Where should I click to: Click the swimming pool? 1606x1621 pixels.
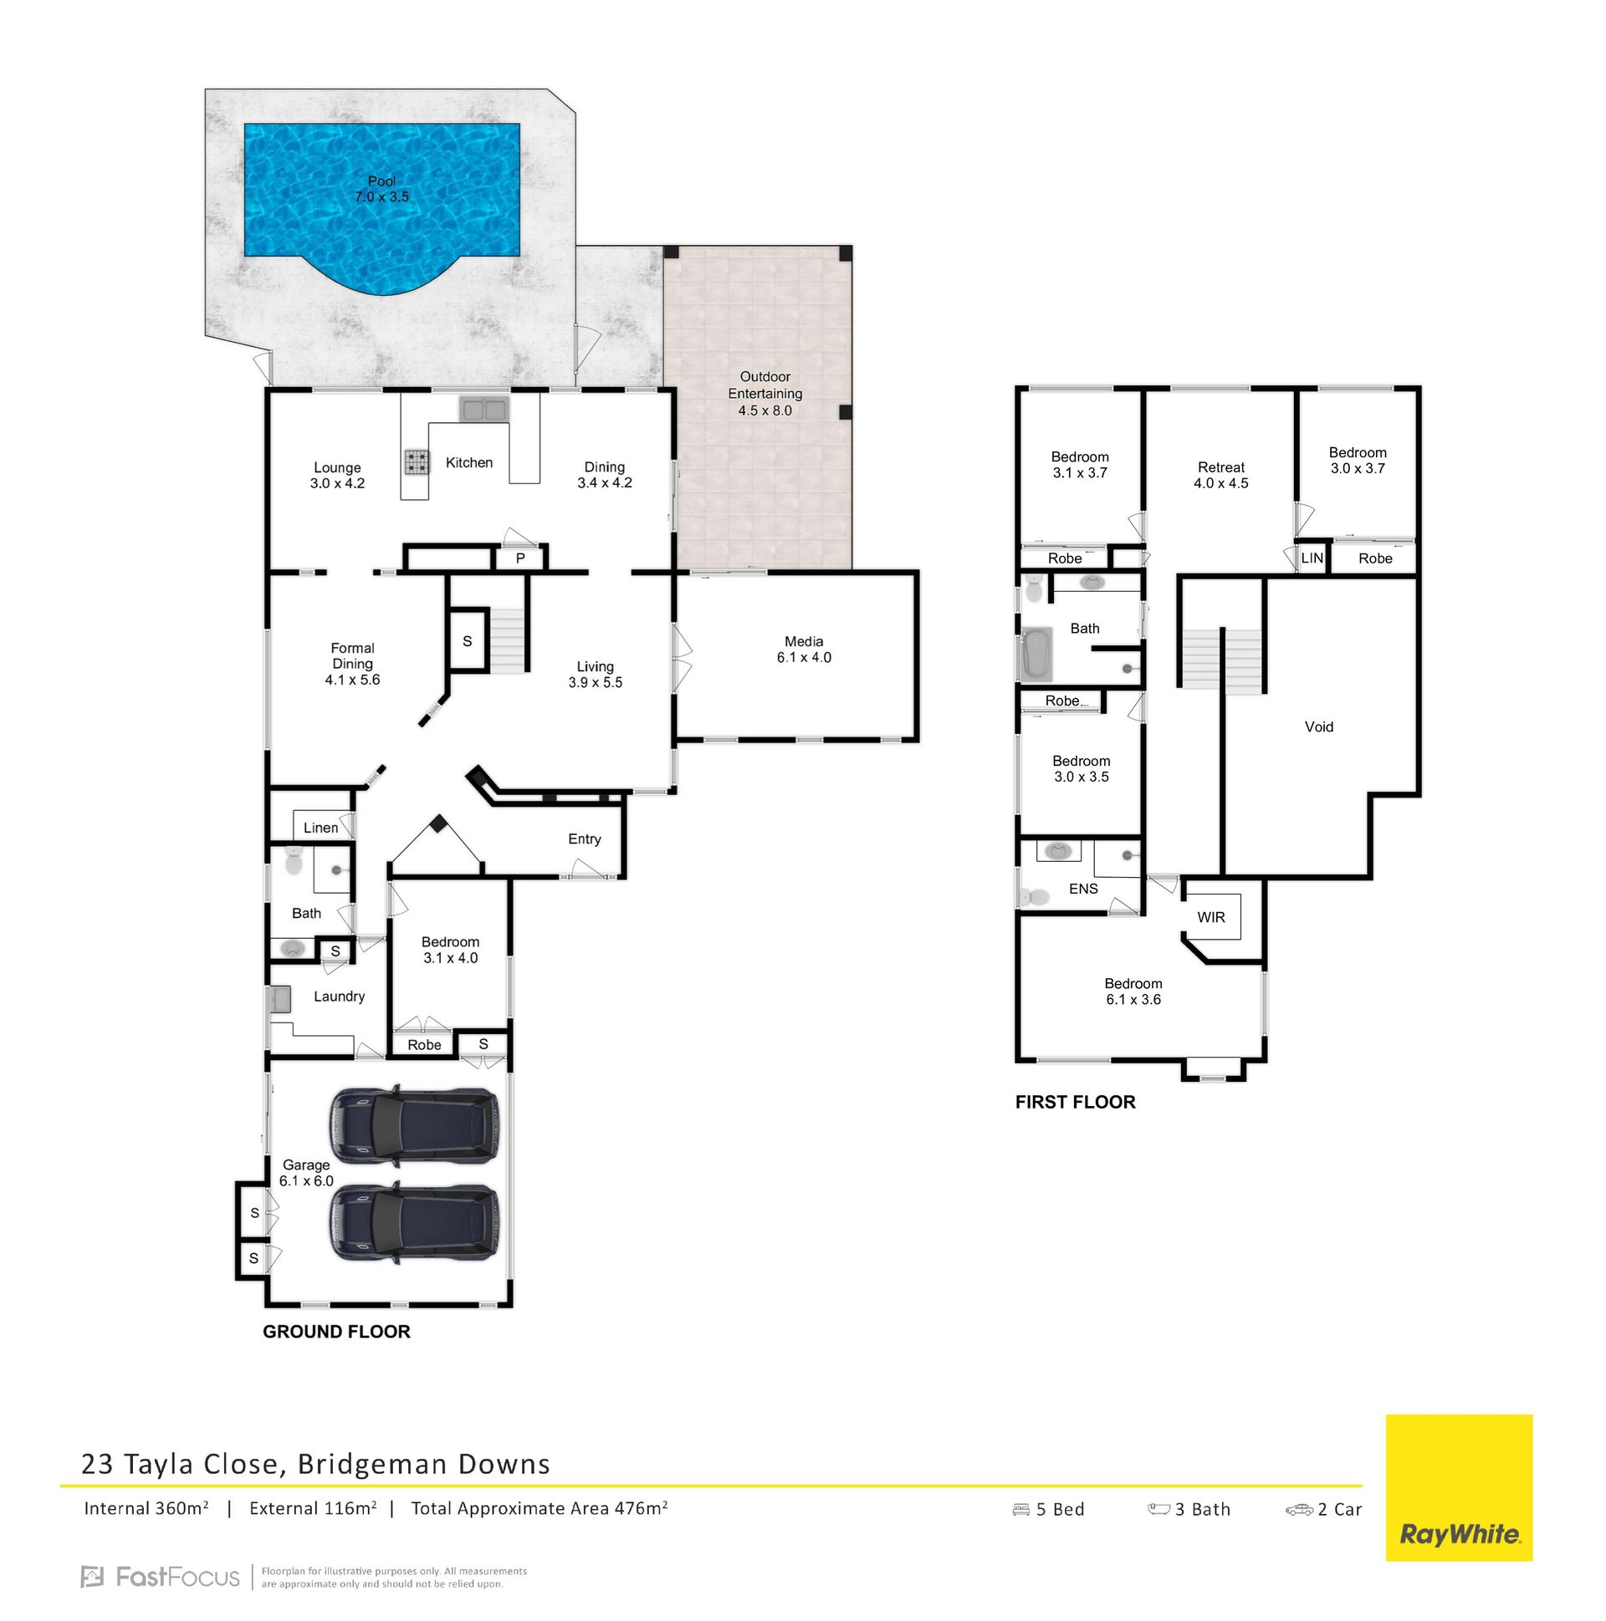381,201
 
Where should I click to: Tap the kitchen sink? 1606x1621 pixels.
483,410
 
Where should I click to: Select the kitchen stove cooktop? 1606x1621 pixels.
417,461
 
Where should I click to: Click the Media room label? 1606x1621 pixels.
804,650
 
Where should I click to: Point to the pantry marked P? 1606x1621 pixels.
520,558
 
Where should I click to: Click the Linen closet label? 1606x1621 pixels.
320,828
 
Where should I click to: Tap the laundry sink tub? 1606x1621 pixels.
279,999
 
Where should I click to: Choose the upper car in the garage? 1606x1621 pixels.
413,1127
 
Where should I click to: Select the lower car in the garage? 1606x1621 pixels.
413,1221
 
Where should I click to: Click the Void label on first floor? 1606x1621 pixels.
1318,726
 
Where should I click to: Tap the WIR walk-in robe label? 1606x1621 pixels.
1210,917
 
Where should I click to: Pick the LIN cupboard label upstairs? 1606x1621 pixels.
1312,558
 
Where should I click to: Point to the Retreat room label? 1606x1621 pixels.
1220,467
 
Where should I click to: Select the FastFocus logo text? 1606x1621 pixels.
161,1577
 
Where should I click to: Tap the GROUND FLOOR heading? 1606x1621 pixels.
335,1332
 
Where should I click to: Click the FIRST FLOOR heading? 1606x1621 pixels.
1075,1103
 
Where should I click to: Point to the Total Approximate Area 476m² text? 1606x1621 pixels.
539,1508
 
